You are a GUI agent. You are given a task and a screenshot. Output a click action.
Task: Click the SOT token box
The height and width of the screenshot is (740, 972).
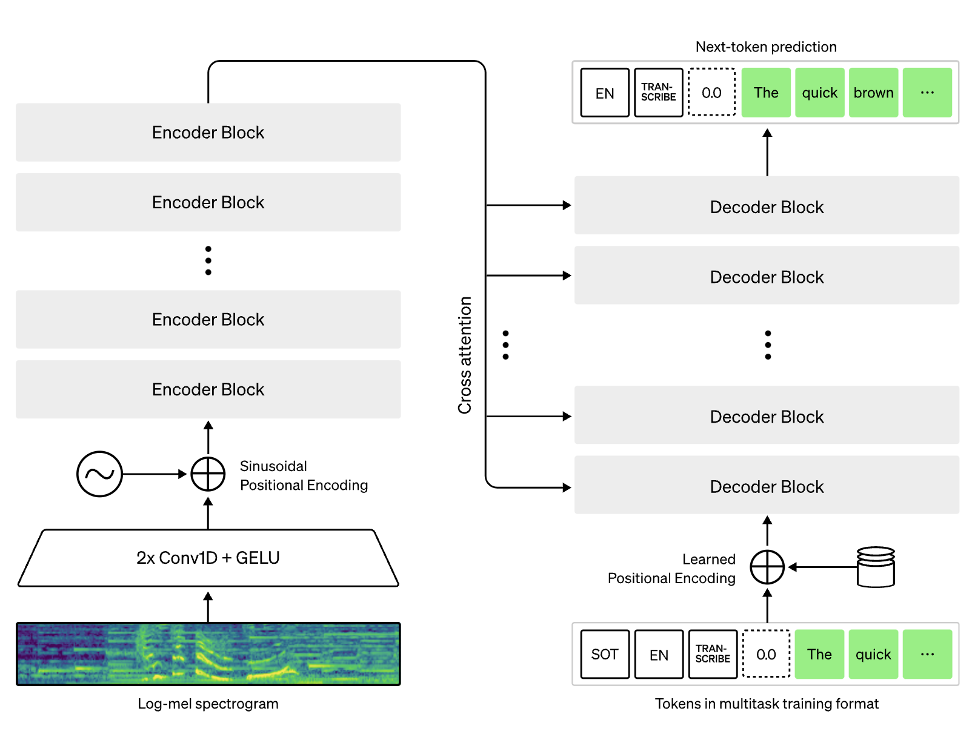coord(605,654)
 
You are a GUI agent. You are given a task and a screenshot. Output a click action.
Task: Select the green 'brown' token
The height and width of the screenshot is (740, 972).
coord(873,93)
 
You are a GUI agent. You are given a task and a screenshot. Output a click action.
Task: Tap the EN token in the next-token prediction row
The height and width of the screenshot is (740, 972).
coord(605,93)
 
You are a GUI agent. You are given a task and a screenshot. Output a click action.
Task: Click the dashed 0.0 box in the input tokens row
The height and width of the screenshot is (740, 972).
coord(766,654)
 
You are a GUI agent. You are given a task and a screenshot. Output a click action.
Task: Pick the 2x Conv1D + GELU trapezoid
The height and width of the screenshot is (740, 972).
coord(208,558)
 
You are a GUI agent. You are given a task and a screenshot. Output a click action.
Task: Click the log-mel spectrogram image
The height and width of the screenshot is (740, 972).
coord(208,654)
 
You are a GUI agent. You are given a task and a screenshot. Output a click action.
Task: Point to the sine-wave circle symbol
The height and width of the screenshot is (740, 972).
coord(99,474)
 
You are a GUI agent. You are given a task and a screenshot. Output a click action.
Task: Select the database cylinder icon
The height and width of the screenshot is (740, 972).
coord(876,567)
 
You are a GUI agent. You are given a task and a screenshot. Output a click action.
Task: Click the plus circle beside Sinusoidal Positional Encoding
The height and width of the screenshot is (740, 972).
coord(208,474)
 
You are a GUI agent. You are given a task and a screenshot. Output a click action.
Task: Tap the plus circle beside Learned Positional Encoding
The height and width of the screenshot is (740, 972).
coord(767,567)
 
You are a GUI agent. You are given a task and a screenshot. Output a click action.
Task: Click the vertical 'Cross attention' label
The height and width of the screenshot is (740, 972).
coord(465,355)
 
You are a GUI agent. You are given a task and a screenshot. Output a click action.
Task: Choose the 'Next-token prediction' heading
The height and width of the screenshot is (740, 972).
coord(766,47)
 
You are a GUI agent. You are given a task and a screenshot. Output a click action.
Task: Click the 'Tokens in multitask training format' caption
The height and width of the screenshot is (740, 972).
coord(767,704)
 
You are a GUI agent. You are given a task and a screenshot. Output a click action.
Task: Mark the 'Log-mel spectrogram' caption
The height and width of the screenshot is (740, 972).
coord(208,704)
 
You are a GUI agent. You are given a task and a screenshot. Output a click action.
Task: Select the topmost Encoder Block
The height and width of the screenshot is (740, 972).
coord(208,132)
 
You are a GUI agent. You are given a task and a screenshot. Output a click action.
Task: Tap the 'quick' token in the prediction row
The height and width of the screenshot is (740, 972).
coord(819,93)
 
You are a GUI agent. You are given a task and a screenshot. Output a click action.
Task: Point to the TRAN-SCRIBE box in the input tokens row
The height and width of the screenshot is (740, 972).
coord(713,654)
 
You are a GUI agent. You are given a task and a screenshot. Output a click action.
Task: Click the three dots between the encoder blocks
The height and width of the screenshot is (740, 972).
coord(208,260)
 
